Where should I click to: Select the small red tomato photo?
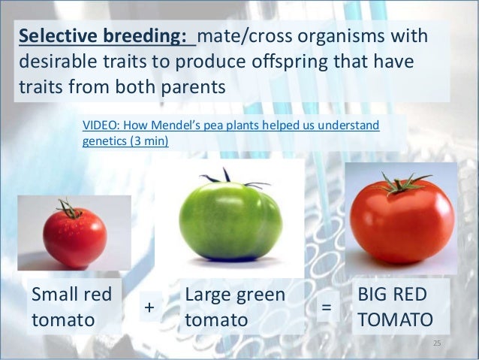tap(74, 233)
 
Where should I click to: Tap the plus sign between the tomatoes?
tap(149, 307)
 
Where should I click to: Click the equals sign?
tap(327, 307)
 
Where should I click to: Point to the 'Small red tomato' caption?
tap(65, 307)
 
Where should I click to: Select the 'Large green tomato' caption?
tap(234, 307)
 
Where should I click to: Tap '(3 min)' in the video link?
tap(150, 141)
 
